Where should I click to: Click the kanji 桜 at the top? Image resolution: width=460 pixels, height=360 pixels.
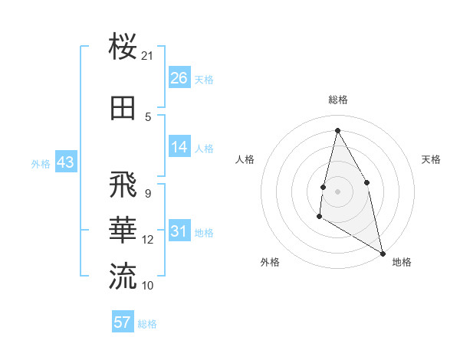pyautogui.click(x=123, y=47)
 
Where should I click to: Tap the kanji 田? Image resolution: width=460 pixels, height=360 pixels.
pyautogui.click(x=123, y=108)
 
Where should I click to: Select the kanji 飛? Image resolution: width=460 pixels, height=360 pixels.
pyautogui.click(x=123, y=186)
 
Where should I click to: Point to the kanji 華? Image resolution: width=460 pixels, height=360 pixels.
pyautogui.click(x=123, y=231)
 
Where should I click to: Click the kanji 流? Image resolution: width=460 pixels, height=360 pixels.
pyautogui.click(x=123, y=276)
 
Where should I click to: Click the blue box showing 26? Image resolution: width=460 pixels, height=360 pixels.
pyautogui.click(x=179, y=78)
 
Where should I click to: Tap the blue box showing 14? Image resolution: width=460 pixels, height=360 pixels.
pyautogui.click(x=179, y=147)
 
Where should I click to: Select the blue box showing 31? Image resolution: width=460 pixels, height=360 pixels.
pyautogui.click(x=179, y=231)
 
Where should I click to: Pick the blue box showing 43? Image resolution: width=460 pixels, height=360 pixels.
pyautogui.click(x=66, y=162)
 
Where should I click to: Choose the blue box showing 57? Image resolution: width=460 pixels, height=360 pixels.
pyautogui.click(x=123, y=322)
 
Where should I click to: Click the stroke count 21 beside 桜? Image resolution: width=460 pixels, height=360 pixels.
pyautogui.click(x=147, y=56)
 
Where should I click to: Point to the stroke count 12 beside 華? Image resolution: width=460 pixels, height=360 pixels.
pyautogui.click(x=148, y=240)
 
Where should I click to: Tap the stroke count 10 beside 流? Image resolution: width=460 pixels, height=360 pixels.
pyautogui.click(x=148, y=285)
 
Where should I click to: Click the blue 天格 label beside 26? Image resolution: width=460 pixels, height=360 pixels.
pyautogui.click(x=204, y=79)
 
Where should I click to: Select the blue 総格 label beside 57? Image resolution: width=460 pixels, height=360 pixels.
pyautogui.click(x=147, y=324)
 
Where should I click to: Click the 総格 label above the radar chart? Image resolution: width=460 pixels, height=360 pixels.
pyautogui.click(x=338, y=100)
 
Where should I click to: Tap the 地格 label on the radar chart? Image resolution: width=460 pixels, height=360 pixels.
pyautogui.click(x=402, y=262)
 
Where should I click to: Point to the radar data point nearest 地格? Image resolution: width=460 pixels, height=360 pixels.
pyautogui.click(x=383, y=254)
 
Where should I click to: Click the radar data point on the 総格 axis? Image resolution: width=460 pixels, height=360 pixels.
pyautogui.click(x=337, y=129)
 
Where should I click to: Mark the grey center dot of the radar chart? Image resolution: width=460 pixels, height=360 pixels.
pyautogui.click(x=337, y=191)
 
